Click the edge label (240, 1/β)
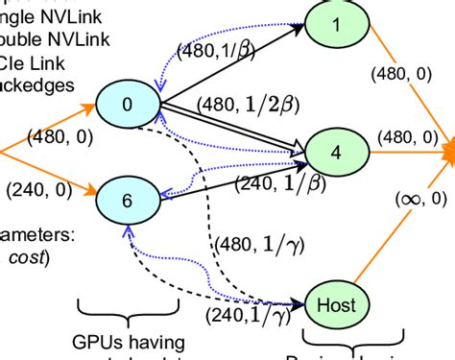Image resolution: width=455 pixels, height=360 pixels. click(274, 182)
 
